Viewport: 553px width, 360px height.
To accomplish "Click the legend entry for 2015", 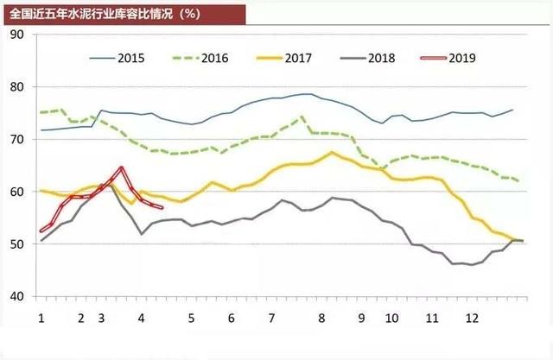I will (130, 59).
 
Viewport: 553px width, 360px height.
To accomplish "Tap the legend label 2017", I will (297, 59).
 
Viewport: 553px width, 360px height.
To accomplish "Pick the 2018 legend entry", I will (380, 59).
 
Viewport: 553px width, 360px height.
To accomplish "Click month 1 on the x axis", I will (41, 318).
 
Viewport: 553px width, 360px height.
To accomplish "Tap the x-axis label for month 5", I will (191, 318).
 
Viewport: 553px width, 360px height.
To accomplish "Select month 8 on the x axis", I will (321, 318).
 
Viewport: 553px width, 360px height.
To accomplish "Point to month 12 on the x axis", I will (471, 318).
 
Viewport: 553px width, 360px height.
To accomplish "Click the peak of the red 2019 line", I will (121, 167).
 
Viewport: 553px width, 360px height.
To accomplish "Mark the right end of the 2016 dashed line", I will (518, 180).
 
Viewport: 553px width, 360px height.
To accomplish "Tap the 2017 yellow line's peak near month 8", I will (332, 153).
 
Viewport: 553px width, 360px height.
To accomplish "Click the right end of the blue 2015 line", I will (513, 110).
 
